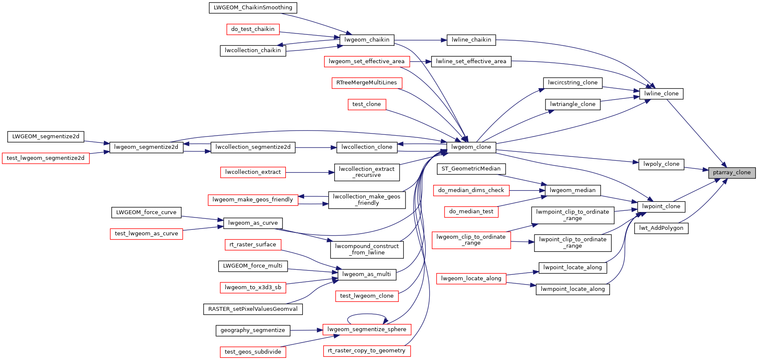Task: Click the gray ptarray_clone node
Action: [x=731, y=173]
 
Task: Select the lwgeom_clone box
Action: [x=471, y=147]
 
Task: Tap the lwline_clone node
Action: [x=661, y=94]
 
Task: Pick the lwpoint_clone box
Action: [x=661, y=207]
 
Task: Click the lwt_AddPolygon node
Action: [x=661, y=228]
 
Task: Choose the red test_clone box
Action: [x=366, y=104]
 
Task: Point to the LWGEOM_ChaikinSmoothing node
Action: [x=253, y=8]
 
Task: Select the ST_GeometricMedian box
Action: [x=471, y=169]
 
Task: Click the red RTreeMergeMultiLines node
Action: [x=366, y=83]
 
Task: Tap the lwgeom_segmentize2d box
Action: [x=146, y=147]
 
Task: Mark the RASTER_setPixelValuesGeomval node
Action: [x=253, y=309]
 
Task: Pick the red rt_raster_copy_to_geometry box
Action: [x=366, y=351]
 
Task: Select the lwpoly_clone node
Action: [x=661, y=164]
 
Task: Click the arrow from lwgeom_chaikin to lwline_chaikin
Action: [x=420, y=40]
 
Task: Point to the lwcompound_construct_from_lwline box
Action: [x=366, y=249]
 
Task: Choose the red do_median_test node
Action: [x=471, y=212]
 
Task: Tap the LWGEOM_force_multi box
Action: [x=253, y=266]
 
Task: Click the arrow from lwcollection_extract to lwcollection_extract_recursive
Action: [x=310, y=173]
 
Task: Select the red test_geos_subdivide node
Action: [x=253, y=352]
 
